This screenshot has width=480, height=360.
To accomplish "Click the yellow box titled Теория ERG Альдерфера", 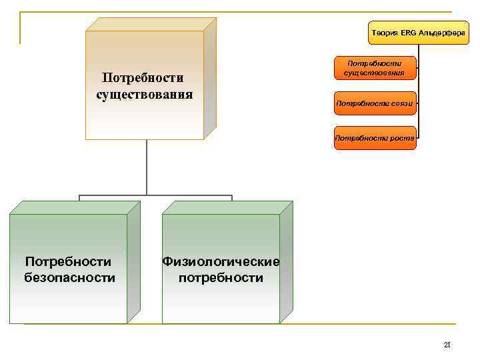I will tap(418, 33).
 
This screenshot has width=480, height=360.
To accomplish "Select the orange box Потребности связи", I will tap(375, 103).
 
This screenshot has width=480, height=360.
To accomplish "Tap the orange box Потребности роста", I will tap(375, 138).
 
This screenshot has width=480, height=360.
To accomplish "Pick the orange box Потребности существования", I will tap(375, 67).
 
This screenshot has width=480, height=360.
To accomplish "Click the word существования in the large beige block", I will tap(145, 93).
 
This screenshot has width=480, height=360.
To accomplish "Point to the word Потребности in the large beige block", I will tap(145, 79).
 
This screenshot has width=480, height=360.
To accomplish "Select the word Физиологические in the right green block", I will tap(221, 262).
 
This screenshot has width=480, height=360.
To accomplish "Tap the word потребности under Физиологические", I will tap(221, 277).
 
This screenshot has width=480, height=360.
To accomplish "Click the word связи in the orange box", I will tap(401, 103).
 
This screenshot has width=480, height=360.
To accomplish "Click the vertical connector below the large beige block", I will tap(147, 167).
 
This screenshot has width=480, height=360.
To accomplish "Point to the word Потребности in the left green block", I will tap(67, 262).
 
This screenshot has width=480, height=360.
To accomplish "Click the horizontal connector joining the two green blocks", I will tap(155, 196).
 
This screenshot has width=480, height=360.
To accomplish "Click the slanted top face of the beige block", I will tap(150, 24).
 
